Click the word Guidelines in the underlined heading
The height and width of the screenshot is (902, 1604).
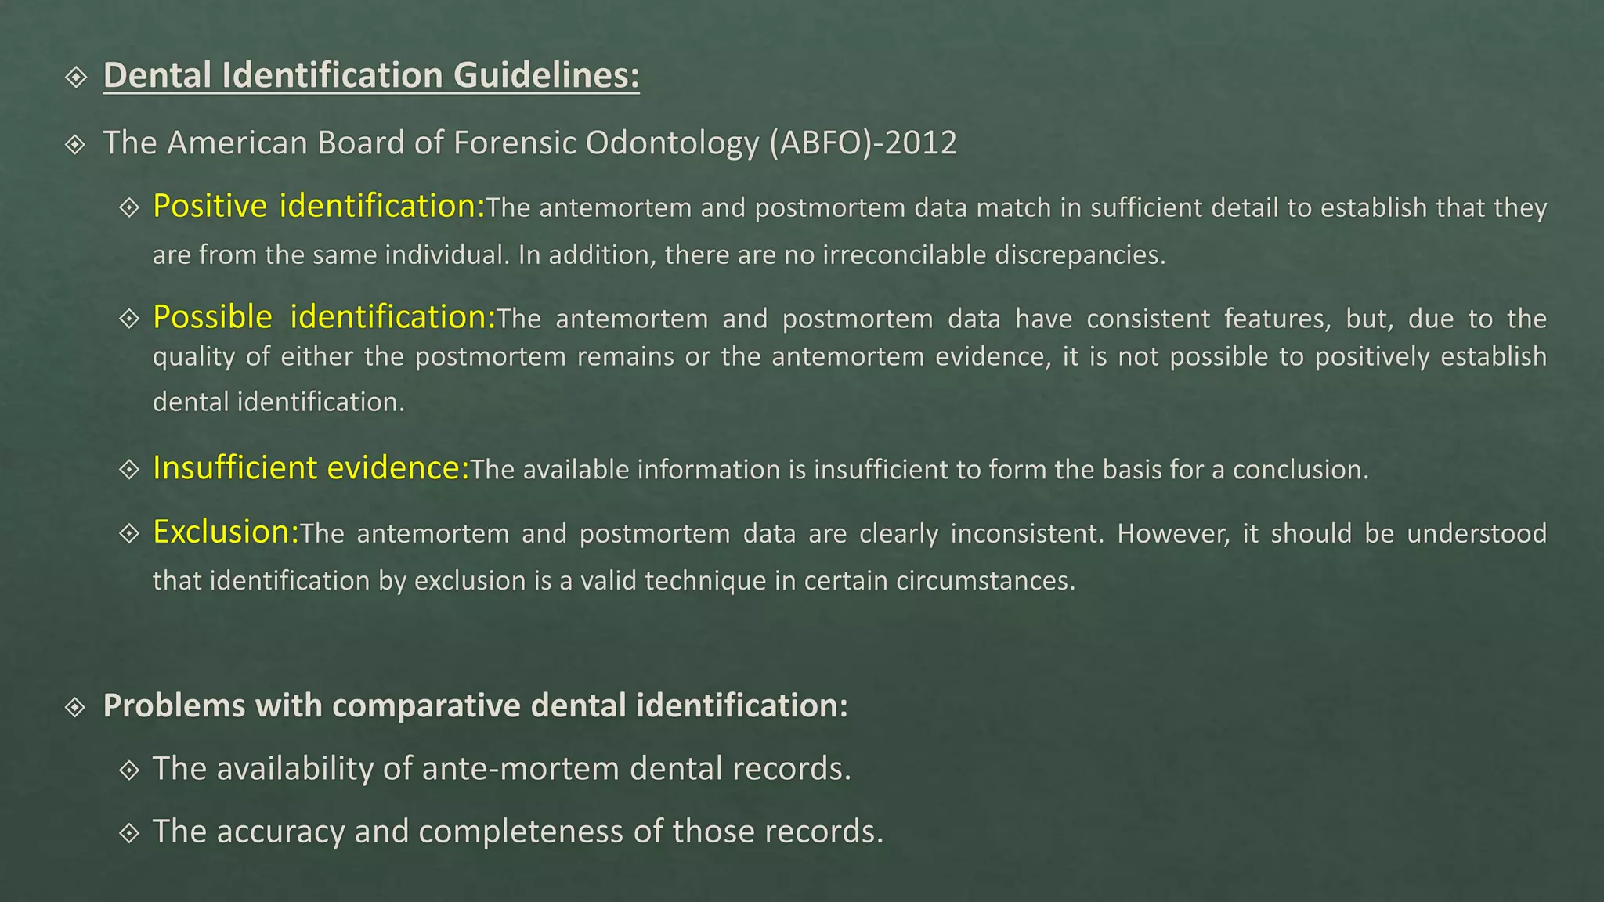[x=546, y=75]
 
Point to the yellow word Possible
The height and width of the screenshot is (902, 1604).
[x=212, y=317]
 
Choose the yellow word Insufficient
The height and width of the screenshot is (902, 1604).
[x=235, y=467]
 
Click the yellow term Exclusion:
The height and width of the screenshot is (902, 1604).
[x=226, y=532]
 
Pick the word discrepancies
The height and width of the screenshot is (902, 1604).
[x=1080, y=254]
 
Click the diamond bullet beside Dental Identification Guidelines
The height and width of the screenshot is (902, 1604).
[x=76, y=77]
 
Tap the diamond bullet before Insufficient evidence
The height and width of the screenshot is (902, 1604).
[x=129, y=469]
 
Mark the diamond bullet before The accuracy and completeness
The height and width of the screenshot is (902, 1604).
[x=129, y=832]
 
